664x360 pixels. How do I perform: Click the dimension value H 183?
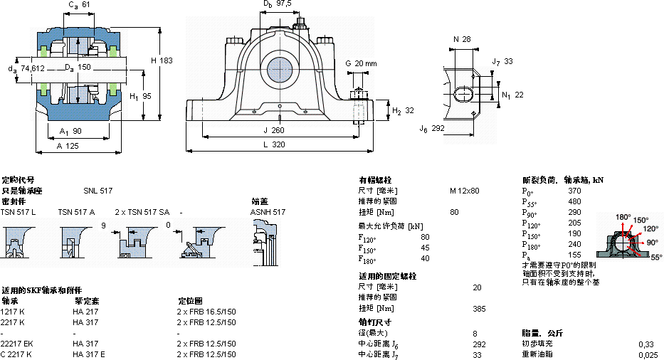point(162,61)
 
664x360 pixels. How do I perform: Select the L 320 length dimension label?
point(278,144)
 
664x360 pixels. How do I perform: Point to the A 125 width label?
point(68,145)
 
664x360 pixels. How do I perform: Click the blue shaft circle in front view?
point(279,70)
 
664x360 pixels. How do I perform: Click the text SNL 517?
point(98,191)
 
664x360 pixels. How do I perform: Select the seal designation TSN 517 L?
point(18,212)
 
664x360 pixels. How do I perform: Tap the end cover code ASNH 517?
point(268,212)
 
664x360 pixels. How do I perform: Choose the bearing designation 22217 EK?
point(19,344)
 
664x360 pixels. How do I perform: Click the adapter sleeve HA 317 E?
point(89,354)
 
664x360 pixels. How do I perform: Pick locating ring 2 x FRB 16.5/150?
point(206,312)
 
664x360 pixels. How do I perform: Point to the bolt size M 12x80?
point(464,191)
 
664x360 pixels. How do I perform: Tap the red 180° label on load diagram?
point(623,217)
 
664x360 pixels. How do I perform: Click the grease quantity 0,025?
point(648,354)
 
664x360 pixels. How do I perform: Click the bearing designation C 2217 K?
point(17,354)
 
